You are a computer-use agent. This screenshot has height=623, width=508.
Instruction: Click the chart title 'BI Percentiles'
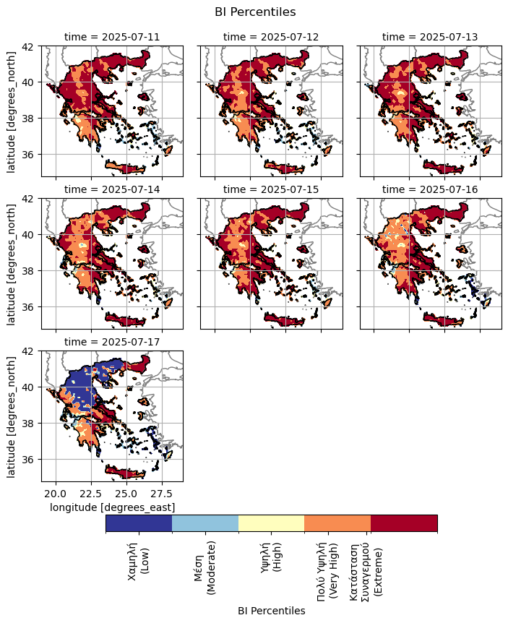[x=255, y=12]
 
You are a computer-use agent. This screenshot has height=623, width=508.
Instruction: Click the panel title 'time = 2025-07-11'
[x=112, y=36]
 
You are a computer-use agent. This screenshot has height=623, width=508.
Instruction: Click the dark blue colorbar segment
[x=139, y=523]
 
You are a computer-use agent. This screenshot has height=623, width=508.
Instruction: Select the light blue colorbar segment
[x=205, y=523]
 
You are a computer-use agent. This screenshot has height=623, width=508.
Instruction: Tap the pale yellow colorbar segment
[x=271, y=523]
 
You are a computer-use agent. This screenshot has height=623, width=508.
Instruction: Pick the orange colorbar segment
[x=337, y=523]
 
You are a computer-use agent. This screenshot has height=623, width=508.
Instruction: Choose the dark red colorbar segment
[x=404, y=523]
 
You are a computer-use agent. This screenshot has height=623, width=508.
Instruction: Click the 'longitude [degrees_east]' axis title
[x=112, y=508]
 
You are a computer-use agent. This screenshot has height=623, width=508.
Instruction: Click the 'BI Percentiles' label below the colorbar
[x=271, y=611]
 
